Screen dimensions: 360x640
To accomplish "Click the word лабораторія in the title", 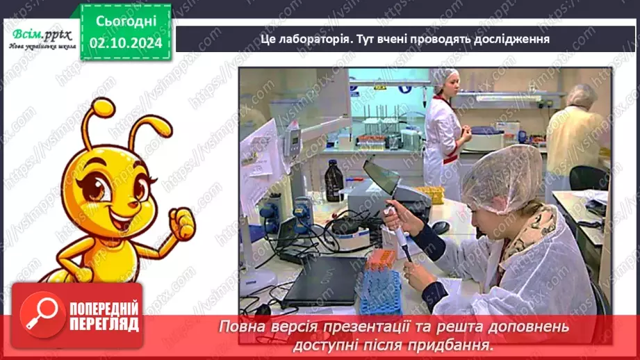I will click(x=309, y=39).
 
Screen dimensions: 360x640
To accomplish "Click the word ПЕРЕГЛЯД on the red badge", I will click(x=104, y=325).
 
